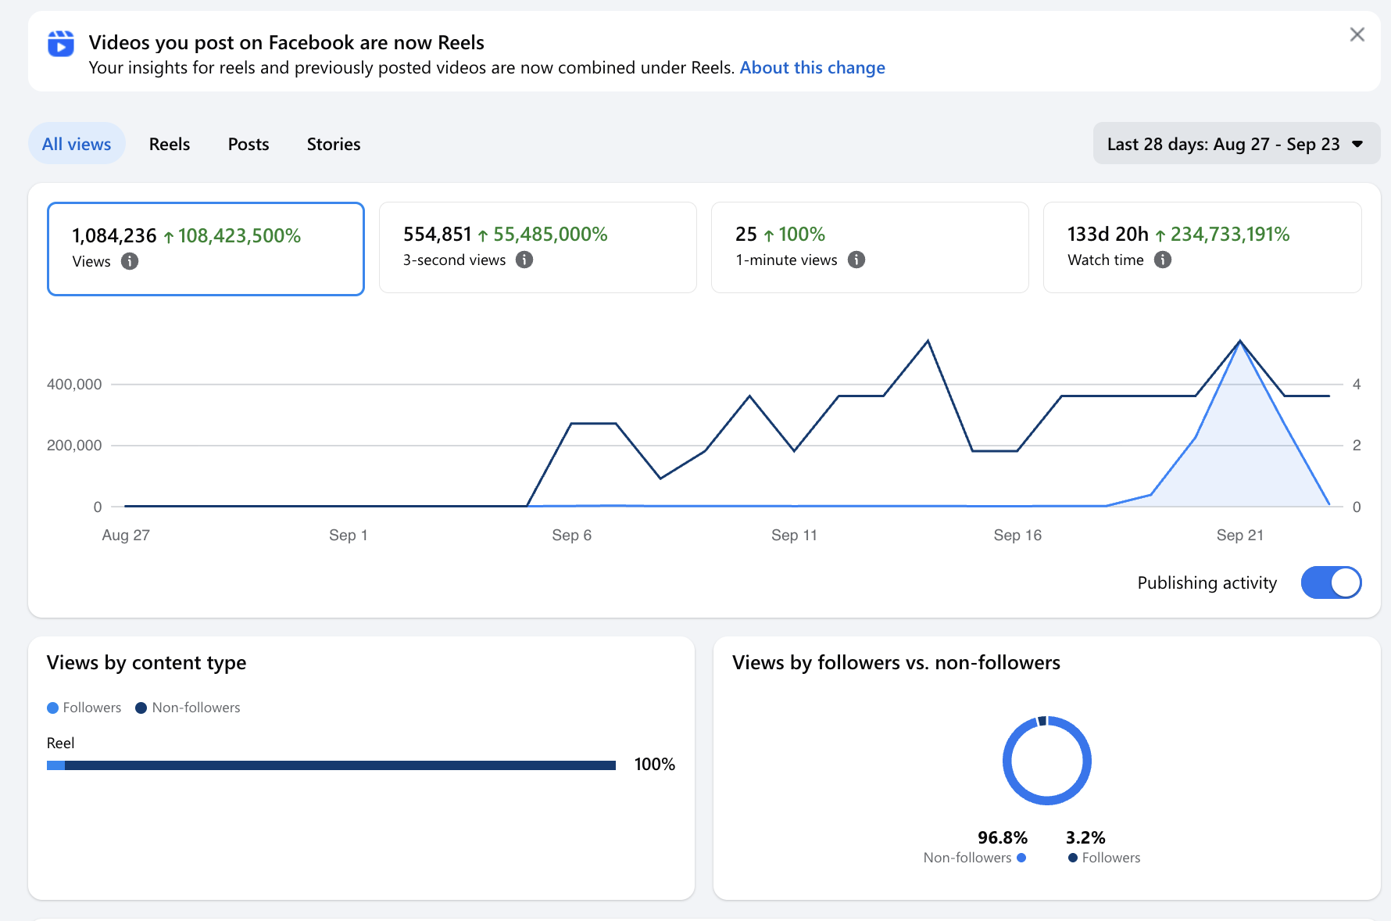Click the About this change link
click(x=812, y=68)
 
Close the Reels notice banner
click(x=1357, y=34)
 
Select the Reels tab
click(x=170, y=144)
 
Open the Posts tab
click(x=249, y=144)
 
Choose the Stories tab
click(x=334, y=144)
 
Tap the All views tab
click(x=77, y=144)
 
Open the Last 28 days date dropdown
click(x=1236, y=144)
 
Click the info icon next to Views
click(x=130, y=261)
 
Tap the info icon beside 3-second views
click(x=524, y=260)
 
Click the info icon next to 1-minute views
click(x=856, y=260)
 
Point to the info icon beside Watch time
click(x=1163, y=260)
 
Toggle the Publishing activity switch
click(x=1331, y=582)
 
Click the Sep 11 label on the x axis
click(x=794, y=536)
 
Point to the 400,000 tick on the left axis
click(x=74, y=384)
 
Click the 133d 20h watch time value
click(x=1108, y=235)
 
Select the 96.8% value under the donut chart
click(x=1003, y=838)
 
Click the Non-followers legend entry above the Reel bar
click(x=188, y=708)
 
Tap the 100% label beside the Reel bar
click(x=655, y=765)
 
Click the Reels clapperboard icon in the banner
click(x=61, y=44)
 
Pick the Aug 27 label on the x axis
click(x=126, y=536)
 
